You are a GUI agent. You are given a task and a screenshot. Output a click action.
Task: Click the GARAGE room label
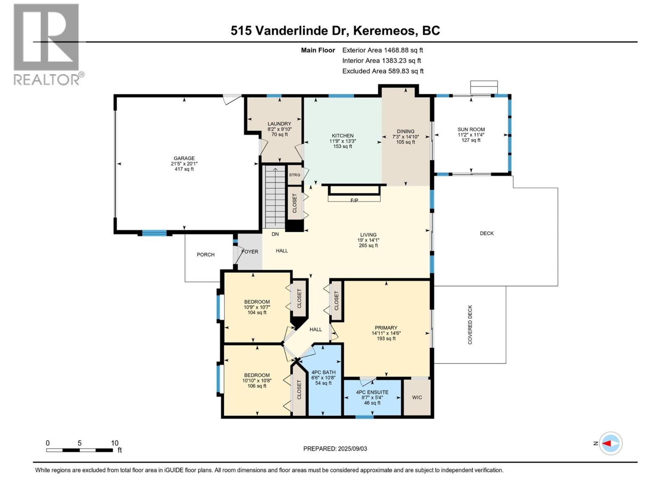(184, 158)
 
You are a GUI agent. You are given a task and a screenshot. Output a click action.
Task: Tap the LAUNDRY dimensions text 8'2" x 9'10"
(279, 129)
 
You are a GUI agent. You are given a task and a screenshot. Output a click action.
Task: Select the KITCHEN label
(343, 136)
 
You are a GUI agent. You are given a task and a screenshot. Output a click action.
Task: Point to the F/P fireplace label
(354, 200)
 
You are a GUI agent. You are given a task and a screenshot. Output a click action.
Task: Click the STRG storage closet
(294, 175)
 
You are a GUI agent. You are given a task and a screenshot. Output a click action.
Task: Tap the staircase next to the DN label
(275, 197)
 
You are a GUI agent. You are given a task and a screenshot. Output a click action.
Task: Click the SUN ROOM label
(471, 130)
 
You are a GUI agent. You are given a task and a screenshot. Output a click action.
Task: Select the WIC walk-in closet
(417, 397)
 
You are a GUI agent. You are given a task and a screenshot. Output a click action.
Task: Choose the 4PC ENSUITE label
(372, 392)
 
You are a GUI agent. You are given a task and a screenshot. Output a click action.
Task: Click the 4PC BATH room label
(323, 372)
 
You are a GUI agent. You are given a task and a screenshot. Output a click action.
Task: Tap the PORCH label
(205, 254)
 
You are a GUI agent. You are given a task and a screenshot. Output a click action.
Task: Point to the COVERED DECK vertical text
(470, 325)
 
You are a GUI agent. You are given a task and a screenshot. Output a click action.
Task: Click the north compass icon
(610, 443)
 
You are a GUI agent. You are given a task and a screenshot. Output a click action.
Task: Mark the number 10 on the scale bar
(114, 443)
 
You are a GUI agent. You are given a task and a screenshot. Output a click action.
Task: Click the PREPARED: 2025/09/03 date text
(335, 449)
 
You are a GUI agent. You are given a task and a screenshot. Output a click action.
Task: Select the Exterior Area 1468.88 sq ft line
(382, 50)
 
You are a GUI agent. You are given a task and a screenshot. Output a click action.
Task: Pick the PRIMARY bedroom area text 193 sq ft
(386, 339)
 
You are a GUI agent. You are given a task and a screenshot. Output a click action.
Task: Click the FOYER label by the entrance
(250, 251)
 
